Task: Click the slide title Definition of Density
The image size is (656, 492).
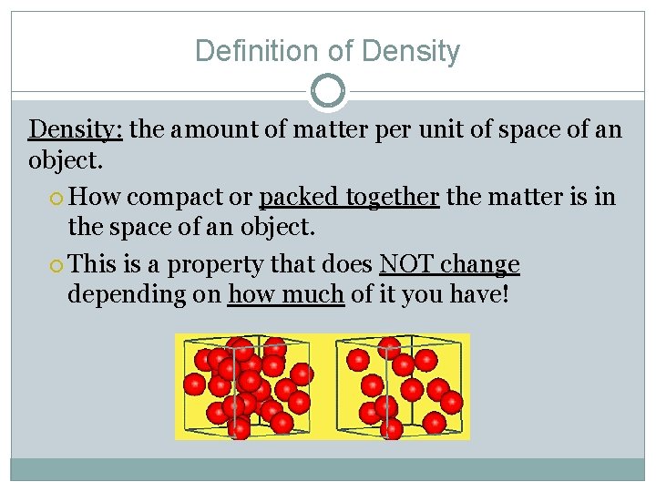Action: pyautogui.click(x=327, y=50)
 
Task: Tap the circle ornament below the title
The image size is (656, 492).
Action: pyautogui.click(x=328, y=90)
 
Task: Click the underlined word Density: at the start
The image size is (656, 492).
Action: pyautogui.click(x=76, y=129)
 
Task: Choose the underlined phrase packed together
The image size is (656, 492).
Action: pyautogui.click(x=349, y=197)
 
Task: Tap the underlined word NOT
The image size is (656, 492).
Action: pyautogui.click(x=407, y=264)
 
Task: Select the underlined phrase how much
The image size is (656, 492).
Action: pyautogui.click(x=286, y=295)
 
